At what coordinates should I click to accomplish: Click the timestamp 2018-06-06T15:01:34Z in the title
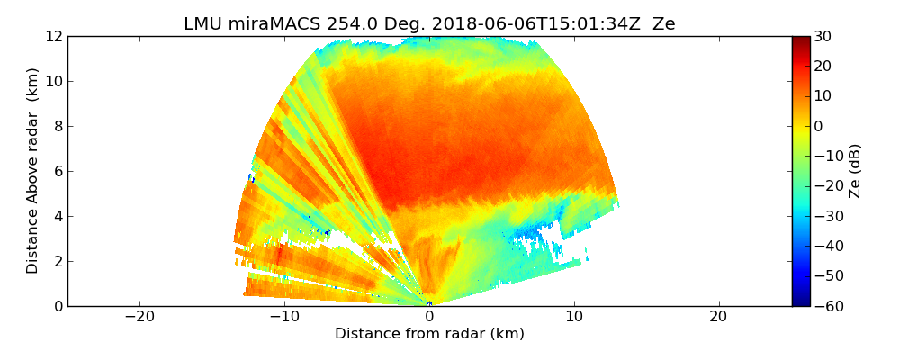click(x=508, y=24)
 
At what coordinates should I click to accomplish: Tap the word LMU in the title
click(x=203, y=24)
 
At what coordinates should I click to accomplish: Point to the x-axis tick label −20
click(x=139, y=317)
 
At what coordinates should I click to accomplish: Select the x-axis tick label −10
click(x=283, y=317)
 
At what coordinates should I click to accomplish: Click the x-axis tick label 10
click(x=574, y=317)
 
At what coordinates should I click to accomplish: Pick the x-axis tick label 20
click(x=718, y=317)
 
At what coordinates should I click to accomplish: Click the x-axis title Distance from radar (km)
click(x=429, y=334)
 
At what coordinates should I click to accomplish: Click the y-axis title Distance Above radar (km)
click(x=33, y=170)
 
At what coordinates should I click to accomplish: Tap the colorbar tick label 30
click(x=823, y=36)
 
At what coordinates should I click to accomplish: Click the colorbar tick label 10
click(x=823, y=96)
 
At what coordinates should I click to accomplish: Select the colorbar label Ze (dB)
click(x=855, y=170)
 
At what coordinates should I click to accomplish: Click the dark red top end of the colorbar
click(x=801, y=40)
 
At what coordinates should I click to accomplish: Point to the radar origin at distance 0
click(x=429, y=304)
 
